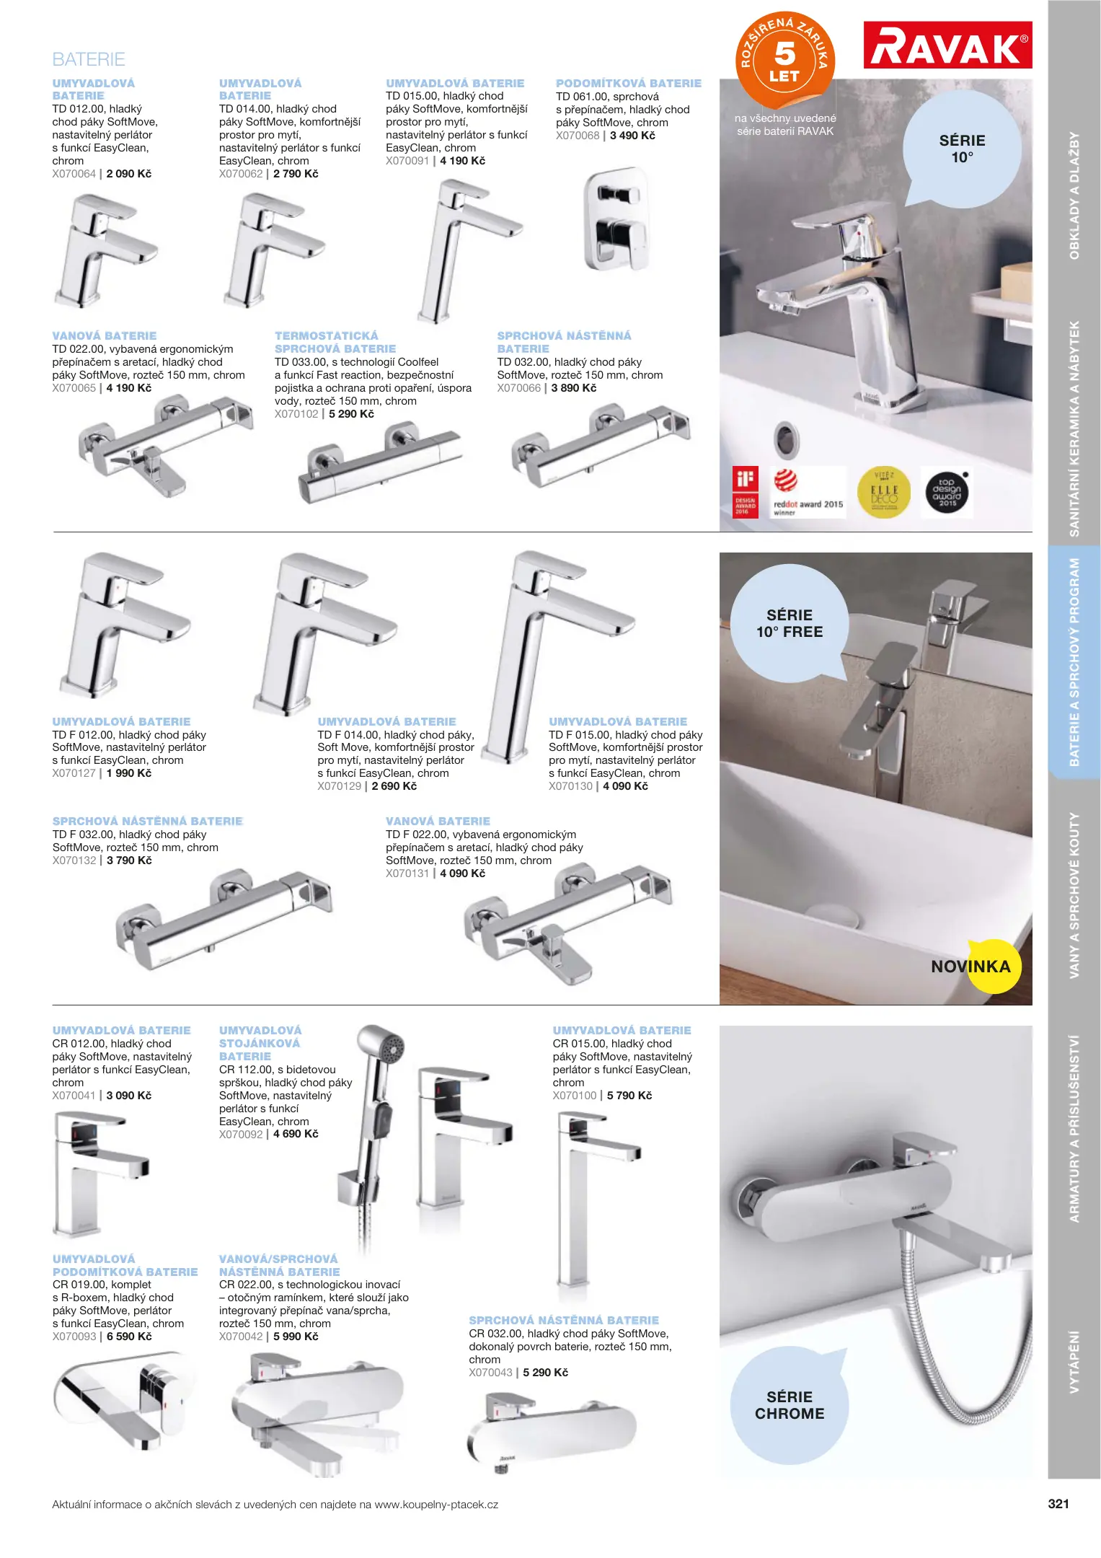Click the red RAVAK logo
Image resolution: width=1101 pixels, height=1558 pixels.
[x=947, y=45]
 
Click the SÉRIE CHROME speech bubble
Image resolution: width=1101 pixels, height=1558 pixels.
[x=789, y=1405]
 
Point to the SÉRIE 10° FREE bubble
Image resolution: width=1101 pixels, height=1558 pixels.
[x=789, y=623]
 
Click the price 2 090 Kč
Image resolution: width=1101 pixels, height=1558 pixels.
[x=129, y=174]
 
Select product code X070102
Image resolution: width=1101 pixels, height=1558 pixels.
[x=296, y=414]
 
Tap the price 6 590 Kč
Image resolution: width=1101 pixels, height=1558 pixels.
[x=129, y=1337]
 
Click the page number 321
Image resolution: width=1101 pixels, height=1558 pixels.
[x=1058, y=1504]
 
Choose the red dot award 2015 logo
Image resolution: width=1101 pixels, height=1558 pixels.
[x=806, y=492]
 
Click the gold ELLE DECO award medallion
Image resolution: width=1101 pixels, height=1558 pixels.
[x=884, y=492]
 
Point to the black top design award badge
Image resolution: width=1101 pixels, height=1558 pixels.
[x=947, y=493]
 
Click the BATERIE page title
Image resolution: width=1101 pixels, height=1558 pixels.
[x=89, y=59]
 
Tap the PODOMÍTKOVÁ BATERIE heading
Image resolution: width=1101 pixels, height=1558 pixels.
[x=628, y=84]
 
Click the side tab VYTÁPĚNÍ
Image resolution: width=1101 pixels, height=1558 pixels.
[x=1074, y=1362]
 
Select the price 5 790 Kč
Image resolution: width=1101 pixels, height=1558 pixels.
[x=629, y=1096]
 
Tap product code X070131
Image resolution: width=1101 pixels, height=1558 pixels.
[x=407, y=873]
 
